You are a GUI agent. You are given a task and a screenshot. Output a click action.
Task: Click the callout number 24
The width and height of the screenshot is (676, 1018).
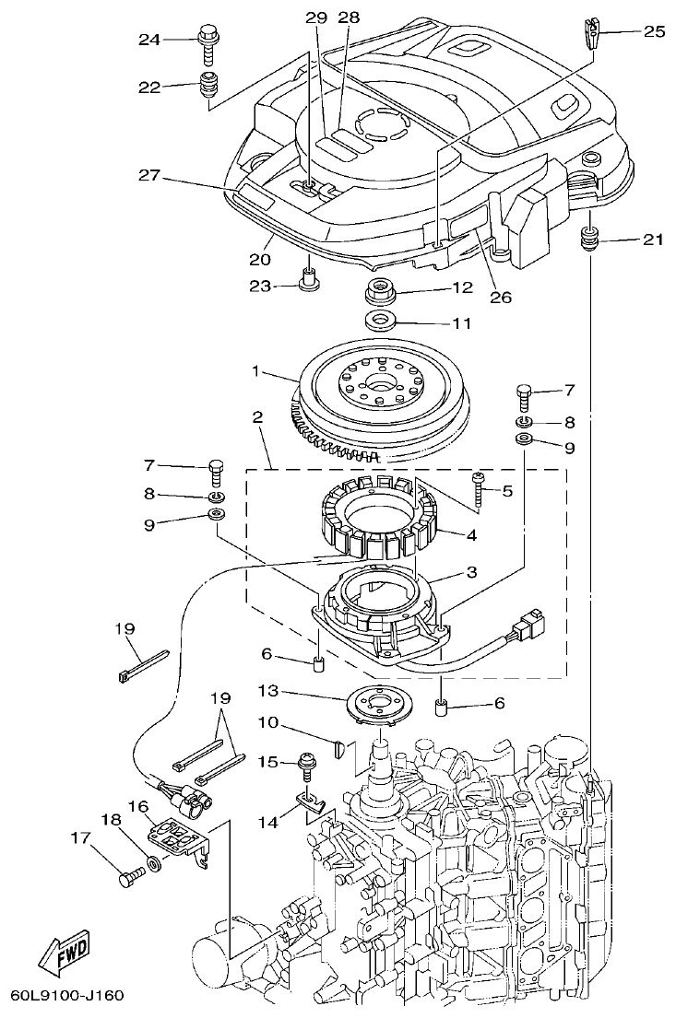point(149,40)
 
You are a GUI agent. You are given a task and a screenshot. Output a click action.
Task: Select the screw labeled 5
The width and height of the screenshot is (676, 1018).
point(479,488)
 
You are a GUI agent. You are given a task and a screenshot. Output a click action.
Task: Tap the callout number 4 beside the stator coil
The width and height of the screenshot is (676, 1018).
point(470,533)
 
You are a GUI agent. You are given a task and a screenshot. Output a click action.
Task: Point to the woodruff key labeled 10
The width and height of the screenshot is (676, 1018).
point(339,743)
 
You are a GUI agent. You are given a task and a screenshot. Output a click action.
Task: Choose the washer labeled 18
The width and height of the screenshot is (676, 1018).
point(151,866)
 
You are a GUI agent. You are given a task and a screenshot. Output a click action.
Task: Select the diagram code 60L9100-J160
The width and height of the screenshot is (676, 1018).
point(66,996)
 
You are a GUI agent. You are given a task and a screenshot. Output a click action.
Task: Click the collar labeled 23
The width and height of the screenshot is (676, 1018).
point(307,278)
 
